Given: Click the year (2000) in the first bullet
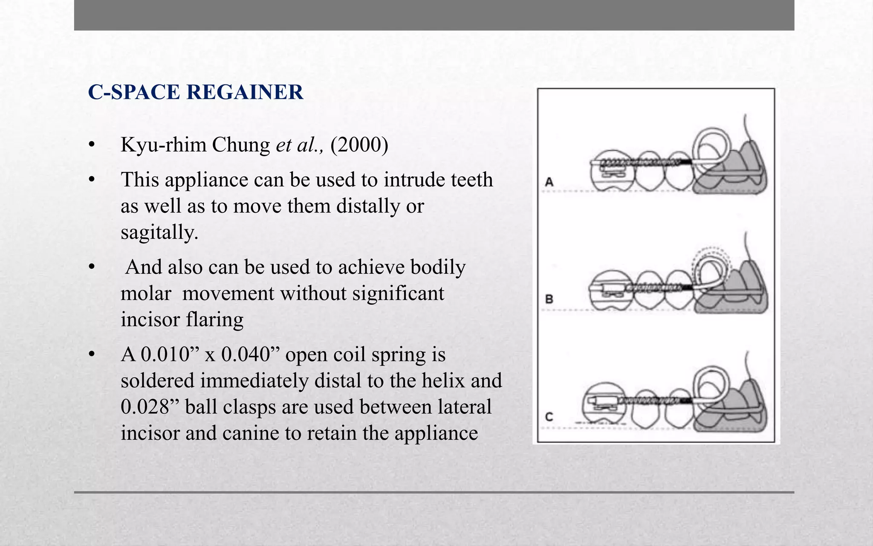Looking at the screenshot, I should coord(359,145).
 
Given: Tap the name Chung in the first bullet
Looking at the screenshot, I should coord(241,145).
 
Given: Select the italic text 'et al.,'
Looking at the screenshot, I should coord(300,145).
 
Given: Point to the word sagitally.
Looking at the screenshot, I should coord(159,232).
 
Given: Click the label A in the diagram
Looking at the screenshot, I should coord(549,182).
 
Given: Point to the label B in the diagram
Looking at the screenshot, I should coord(549,299).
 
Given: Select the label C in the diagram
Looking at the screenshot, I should coord(549,416).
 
